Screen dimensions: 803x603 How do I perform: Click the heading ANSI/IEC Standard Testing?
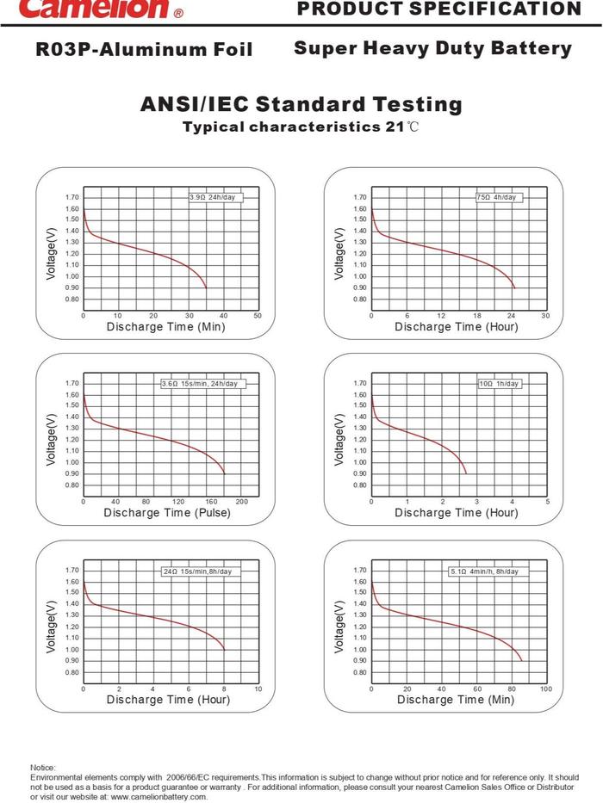tap(301, 105)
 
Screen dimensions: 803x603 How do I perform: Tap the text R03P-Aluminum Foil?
tap(145, 50)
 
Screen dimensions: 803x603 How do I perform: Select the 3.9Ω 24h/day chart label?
tap(212, 197)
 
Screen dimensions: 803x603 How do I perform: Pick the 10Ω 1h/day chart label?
tap(499, 384)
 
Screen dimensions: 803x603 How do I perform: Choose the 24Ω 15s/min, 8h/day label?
tap(197, 571)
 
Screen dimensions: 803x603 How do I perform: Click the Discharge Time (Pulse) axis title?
tap(167, 513)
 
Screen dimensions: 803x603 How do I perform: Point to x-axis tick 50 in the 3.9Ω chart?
tap(258, 317)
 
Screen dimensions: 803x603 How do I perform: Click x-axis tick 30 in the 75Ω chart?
tap(545, 317)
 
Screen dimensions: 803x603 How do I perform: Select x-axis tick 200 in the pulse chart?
tap(242, 502)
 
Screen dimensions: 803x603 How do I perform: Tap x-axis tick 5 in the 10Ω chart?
tap(548, 502)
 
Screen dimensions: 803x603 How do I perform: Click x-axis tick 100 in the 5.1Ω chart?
tap(546, 689)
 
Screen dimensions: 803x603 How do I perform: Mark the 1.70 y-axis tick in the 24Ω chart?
tap(72, 571)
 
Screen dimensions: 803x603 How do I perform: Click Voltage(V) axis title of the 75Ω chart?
tap(340, 253)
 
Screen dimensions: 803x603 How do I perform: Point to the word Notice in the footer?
tap(42, 767)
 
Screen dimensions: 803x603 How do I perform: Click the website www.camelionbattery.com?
tap(159, 797)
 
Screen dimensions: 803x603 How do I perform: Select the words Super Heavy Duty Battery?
tap(432, 49)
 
